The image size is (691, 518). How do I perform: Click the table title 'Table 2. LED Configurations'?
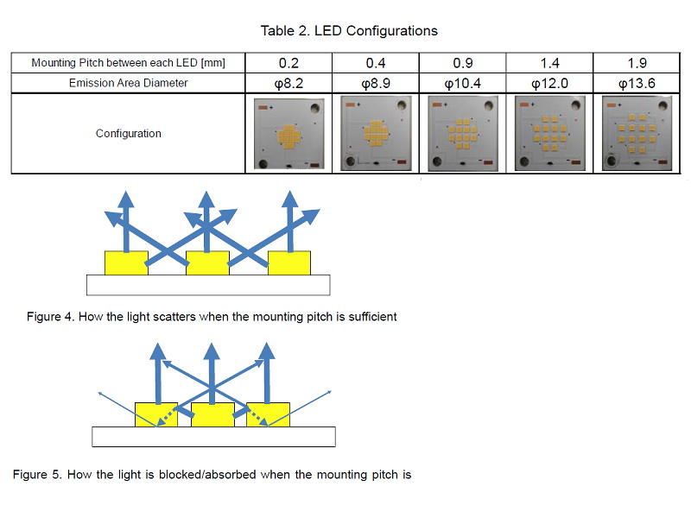click(349, 31)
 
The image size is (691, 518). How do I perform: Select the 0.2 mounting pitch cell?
click(288, 63)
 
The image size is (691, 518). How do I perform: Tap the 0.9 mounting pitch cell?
click(461, 63)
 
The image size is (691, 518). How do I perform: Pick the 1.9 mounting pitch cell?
click(637, 63)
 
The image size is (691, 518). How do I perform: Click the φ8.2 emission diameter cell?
click(288, 83)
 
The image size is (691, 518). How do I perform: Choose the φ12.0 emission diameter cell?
click(548, 83)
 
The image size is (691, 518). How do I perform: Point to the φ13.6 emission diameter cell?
click(637, 83)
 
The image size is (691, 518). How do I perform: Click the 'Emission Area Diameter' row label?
click(128, 83)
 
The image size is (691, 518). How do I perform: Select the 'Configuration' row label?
click(128, 134)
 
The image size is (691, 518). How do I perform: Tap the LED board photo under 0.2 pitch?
click(288, 134)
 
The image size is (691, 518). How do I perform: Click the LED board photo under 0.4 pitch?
click(375, 134)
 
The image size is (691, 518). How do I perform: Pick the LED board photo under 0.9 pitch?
click(462, 134)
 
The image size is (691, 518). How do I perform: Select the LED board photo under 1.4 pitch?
click(549, 134)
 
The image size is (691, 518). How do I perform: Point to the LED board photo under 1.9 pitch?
click(637, 134)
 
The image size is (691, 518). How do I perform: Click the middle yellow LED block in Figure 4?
click(207, 262)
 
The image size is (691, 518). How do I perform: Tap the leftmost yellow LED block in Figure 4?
click(126, 262)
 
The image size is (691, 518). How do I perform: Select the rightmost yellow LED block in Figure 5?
click(268, 414)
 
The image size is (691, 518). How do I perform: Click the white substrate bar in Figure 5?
click(213, 437)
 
